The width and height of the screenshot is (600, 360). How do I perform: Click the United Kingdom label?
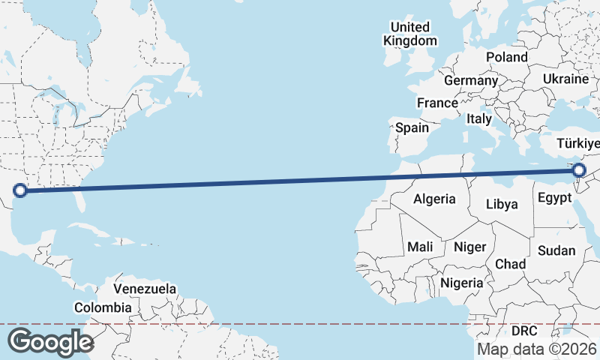click(410, 34)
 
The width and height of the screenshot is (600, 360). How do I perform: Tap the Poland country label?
click(506, 57)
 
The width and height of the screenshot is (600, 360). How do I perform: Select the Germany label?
click(471, 80)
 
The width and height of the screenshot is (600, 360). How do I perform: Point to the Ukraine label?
click(565, 79)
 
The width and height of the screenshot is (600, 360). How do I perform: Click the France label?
click(438, 103)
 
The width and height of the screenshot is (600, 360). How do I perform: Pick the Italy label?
click(479, 118)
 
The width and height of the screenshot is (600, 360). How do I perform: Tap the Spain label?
click(412, 127)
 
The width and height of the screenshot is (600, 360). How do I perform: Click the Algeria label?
click(435, 199)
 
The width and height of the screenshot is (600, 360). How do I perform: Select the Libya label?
click(502, 203)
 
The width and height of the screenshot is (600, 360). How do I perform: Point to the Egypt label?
click(555, 199)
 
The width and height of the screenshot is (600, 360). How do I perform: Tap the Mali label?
click(420, 246)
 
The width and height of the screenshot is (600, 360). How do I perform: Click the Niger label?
click(470, 247)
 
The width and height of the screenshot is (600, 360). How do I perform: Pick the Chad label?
click(510, 264)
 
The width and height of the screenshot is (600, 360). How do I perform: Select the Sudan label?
click(556, 250)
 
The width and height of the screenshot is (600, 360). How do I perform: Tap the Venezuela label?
click(145, 289)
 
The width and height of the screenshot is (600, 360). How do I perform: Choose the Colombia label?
click(103, 307)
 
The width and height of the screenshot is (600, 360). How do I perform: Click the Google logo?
click(50, 341)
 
